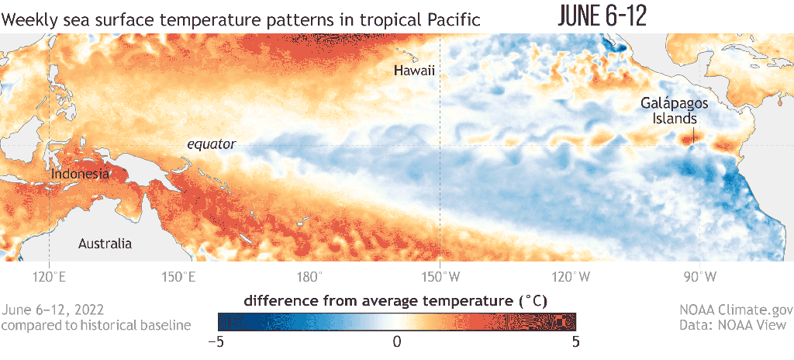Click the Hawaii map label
click(414, 71)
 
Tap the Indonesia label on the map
click(80, 174)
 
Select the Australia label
click(105, 244)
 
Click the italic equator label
click(211, 144)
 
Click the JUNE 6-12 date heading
click(602, 17)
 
